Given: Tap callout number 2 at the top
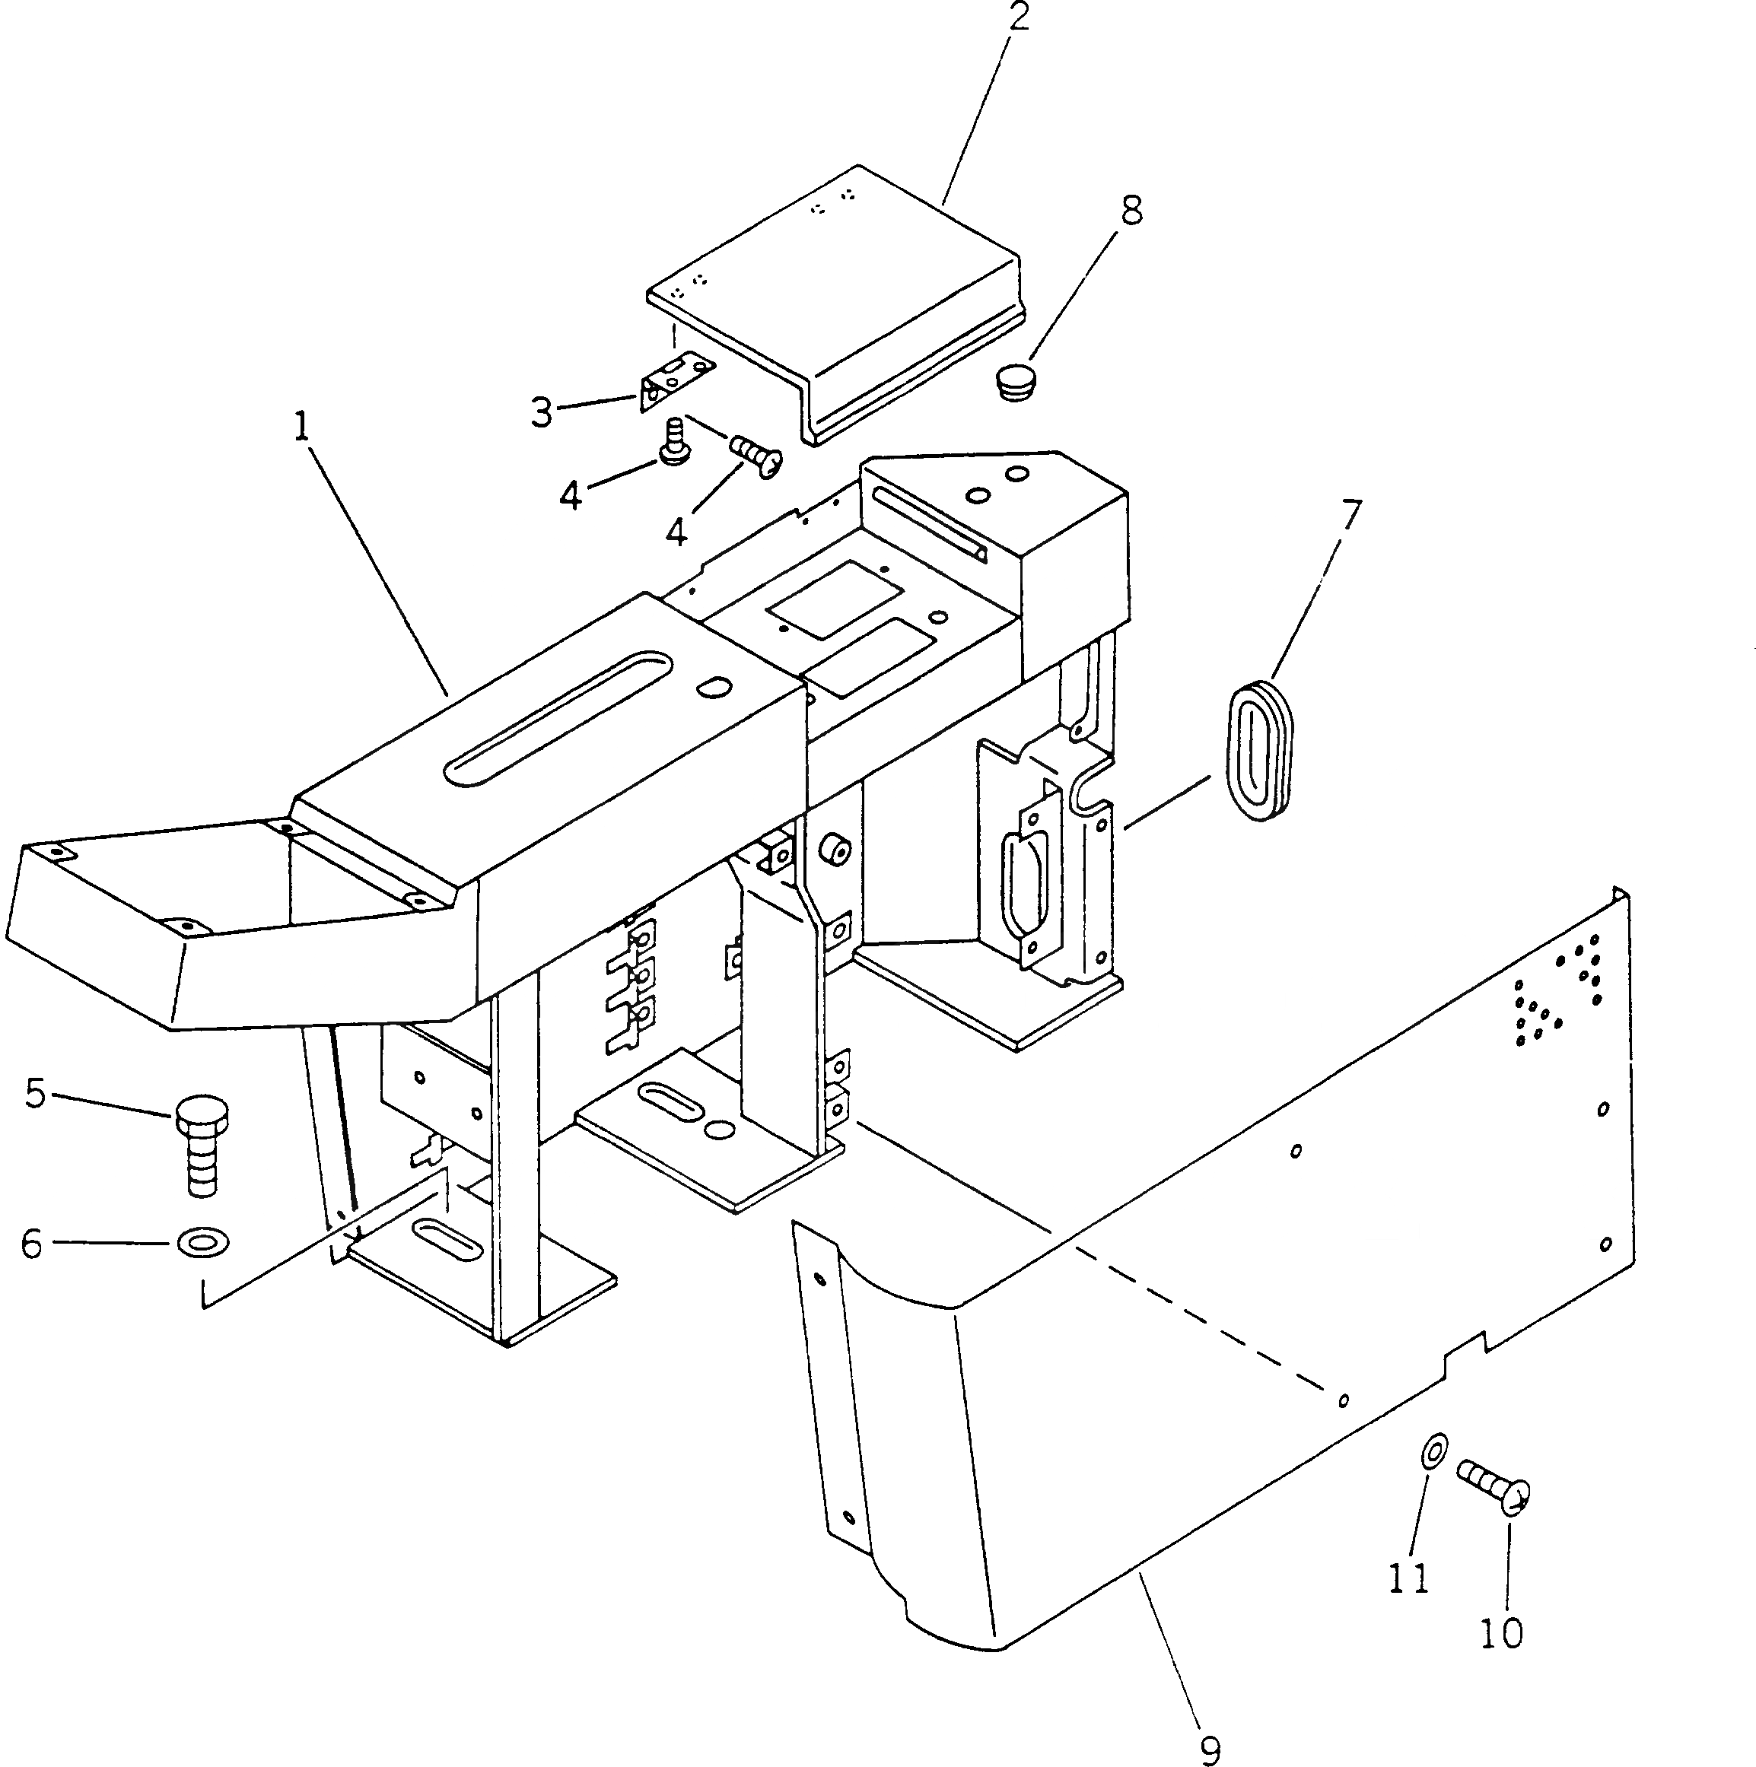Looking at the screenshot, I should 1018,17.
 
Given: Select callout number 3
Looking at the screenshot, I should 542,412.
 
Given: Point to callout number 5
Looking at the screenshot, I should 36,1094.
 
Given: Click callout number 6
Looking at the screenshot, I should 32,1244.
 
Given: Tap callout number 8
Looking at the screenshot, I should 1131,211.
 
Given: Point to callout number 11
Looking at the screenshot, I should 1408,1578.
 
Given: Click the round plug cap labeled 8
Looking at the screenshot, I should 1015,381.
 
